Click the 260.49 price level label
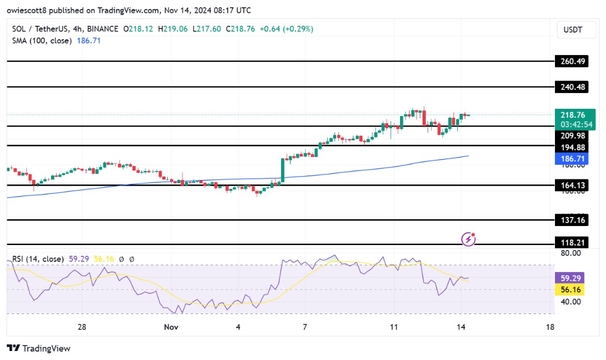point(571,62)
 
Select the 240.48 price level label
point(571,87)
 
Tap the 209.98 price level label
point(571,135)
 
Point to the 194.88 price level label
point(571,147)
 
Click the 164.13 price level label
point(571,186)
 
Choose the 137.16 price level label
point(571,220)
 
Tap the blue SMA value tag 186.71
point(571,159)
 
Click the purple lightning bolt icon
point(469,239)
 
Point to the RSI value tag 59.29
point(571,278)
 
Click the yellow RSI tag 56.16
point(571,289)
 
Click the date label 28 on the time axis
point(82,327)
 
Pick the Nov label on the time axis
point(172,327)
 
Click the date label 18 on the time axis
point(550,327)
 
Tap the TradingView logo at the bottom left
point(39,348)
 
